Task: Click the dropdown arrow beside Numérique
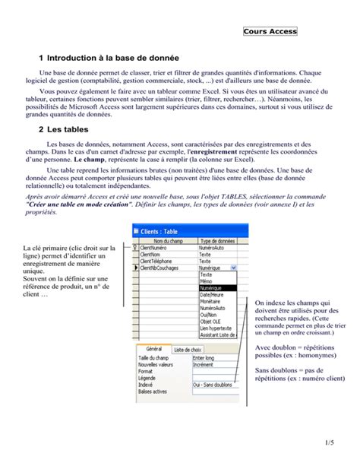(x=233, y=268)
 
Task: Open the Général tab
(x=153, y=348)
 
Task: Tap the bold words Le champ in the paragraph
(x=89, y=161)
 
